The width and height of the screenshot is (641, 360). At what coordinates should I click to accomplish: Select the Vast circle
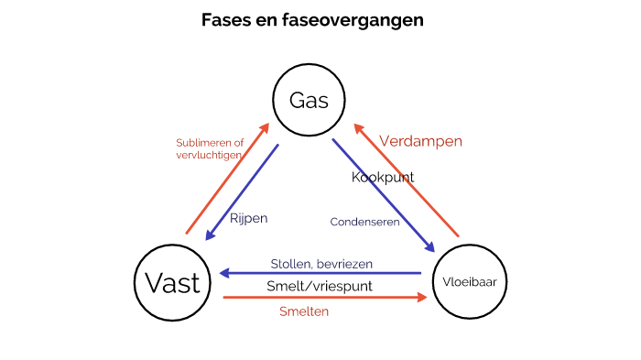172,282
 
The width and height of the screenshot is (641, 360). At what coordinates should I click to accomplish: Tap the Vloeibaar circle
469,281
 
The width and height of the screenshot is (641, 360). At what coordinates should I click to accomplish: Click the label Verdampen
420,142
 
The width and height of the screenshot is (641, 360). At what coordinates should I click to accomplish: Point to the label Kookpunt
383,177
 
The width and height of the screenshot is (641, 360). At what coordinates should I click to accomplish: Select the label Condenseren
365,221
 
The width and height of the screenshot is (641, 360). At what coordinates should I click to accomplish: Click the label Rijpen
248,219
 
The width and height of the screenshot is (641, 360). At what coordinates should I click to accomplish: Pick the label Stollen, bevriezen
321,264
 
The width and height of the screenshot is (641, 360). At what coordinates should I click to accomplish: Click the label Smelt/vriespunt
320,286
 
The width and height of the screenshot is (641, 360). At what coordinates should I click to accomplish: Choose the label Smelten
303,311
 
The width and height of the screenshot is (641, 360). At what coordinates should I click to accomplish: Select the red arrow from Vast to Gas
227,178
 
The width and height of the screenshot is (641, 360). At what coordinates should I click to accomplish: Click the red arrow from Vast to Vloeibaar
325,298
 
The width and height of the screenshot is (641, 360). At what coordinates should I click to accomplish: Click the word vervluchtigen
210,156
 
